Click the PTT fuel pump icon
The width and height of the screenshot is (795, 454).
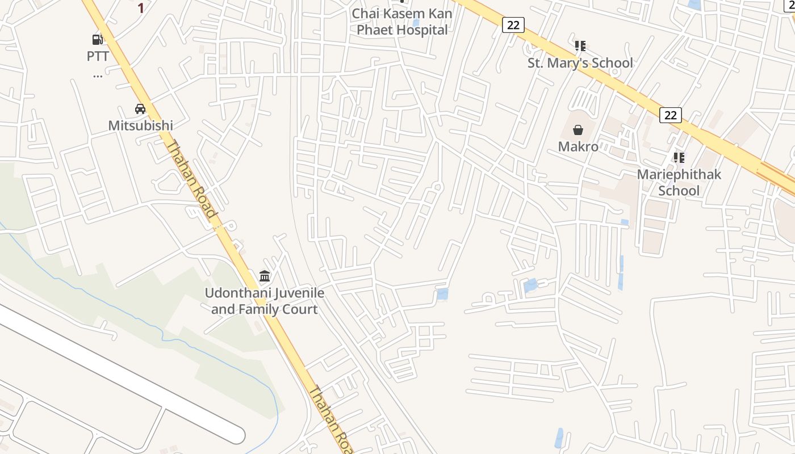[x=98, y=39]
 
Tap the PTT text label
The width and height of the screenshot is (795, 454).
[x=98, y=56]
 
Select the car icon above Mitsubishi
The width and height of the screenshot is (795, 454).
[x=140, y=108]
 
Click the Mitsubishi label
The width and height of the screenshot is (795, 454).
[x=140, y=125]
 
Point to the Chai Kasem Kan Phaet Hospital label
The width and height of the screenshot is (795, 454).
[x=402, y=22]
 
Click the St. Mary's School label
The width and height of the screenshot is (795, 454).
[x=580, y=62]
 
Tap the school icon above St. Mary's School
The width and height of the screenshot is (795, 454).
[x=580, y=45]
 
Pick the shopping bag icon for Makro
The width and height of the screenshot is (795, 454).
[x=578, y=130]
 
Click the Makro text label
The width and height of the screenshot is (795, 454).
[x=578, y=146]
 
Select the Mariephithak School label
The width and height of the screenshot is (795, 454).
[x=679, y=182]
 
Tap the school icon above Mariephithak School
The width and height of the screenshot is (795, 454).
[x=679, y=157]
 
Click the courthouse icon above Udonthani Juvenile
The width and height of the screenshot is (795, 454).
[x=265, y=276]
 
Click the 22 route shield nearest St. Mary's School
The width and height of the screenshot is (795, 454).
[x=513, y=24]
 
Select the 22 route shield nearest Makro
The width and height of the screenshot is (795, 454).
[x=671, y=115]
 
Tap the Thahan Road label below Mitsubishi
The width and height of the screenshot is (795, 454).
[x=191, y=179]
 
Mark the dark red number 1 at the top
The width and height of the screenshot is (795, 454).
[x=141, y=8]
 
